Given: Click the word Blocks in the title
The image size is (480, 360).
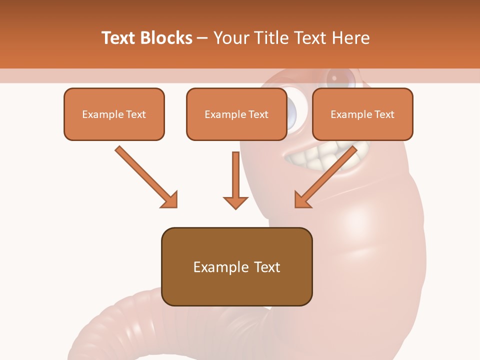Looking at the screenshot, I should click(166, 38).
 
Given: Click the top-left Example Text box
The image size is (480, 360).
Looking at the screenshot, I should click(114, 114).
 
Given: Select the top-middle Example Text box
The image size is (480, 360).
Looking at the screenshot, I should click(236, 114).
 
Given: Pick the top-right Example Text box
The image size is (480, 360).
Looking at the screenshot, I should click(362, 114).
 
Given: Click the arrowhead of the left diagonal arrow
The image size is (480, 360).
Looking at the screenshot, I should click(170, 200).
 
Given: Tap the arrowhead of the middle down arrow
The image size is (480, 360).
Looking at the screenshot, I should click(235, 202).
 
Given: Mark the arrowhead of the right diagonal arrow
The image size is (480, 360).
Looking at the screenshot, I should click(302, 200).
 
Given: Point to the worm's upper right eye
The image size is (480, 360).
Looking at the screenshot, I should click(341, 77).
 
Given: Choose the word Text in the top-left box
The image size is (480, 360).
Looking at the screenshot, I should click(136, 114).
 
